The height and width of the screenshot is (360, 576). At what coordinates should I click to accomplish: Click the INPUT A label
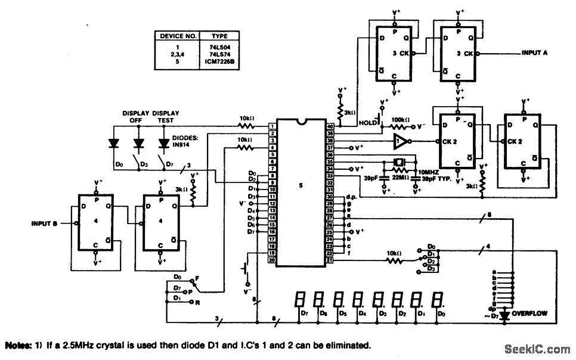539,53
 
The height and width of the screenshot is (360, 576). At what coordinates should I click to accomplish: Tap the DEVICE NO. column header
177,35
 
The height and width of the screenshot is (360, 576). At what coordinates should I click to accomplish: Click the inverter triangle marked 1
400,142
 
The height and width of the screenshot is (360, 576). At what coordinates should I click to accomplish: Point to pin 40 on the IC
329,126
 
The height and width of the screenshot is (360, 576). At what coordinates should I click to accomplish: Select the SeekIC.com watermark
535,349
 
